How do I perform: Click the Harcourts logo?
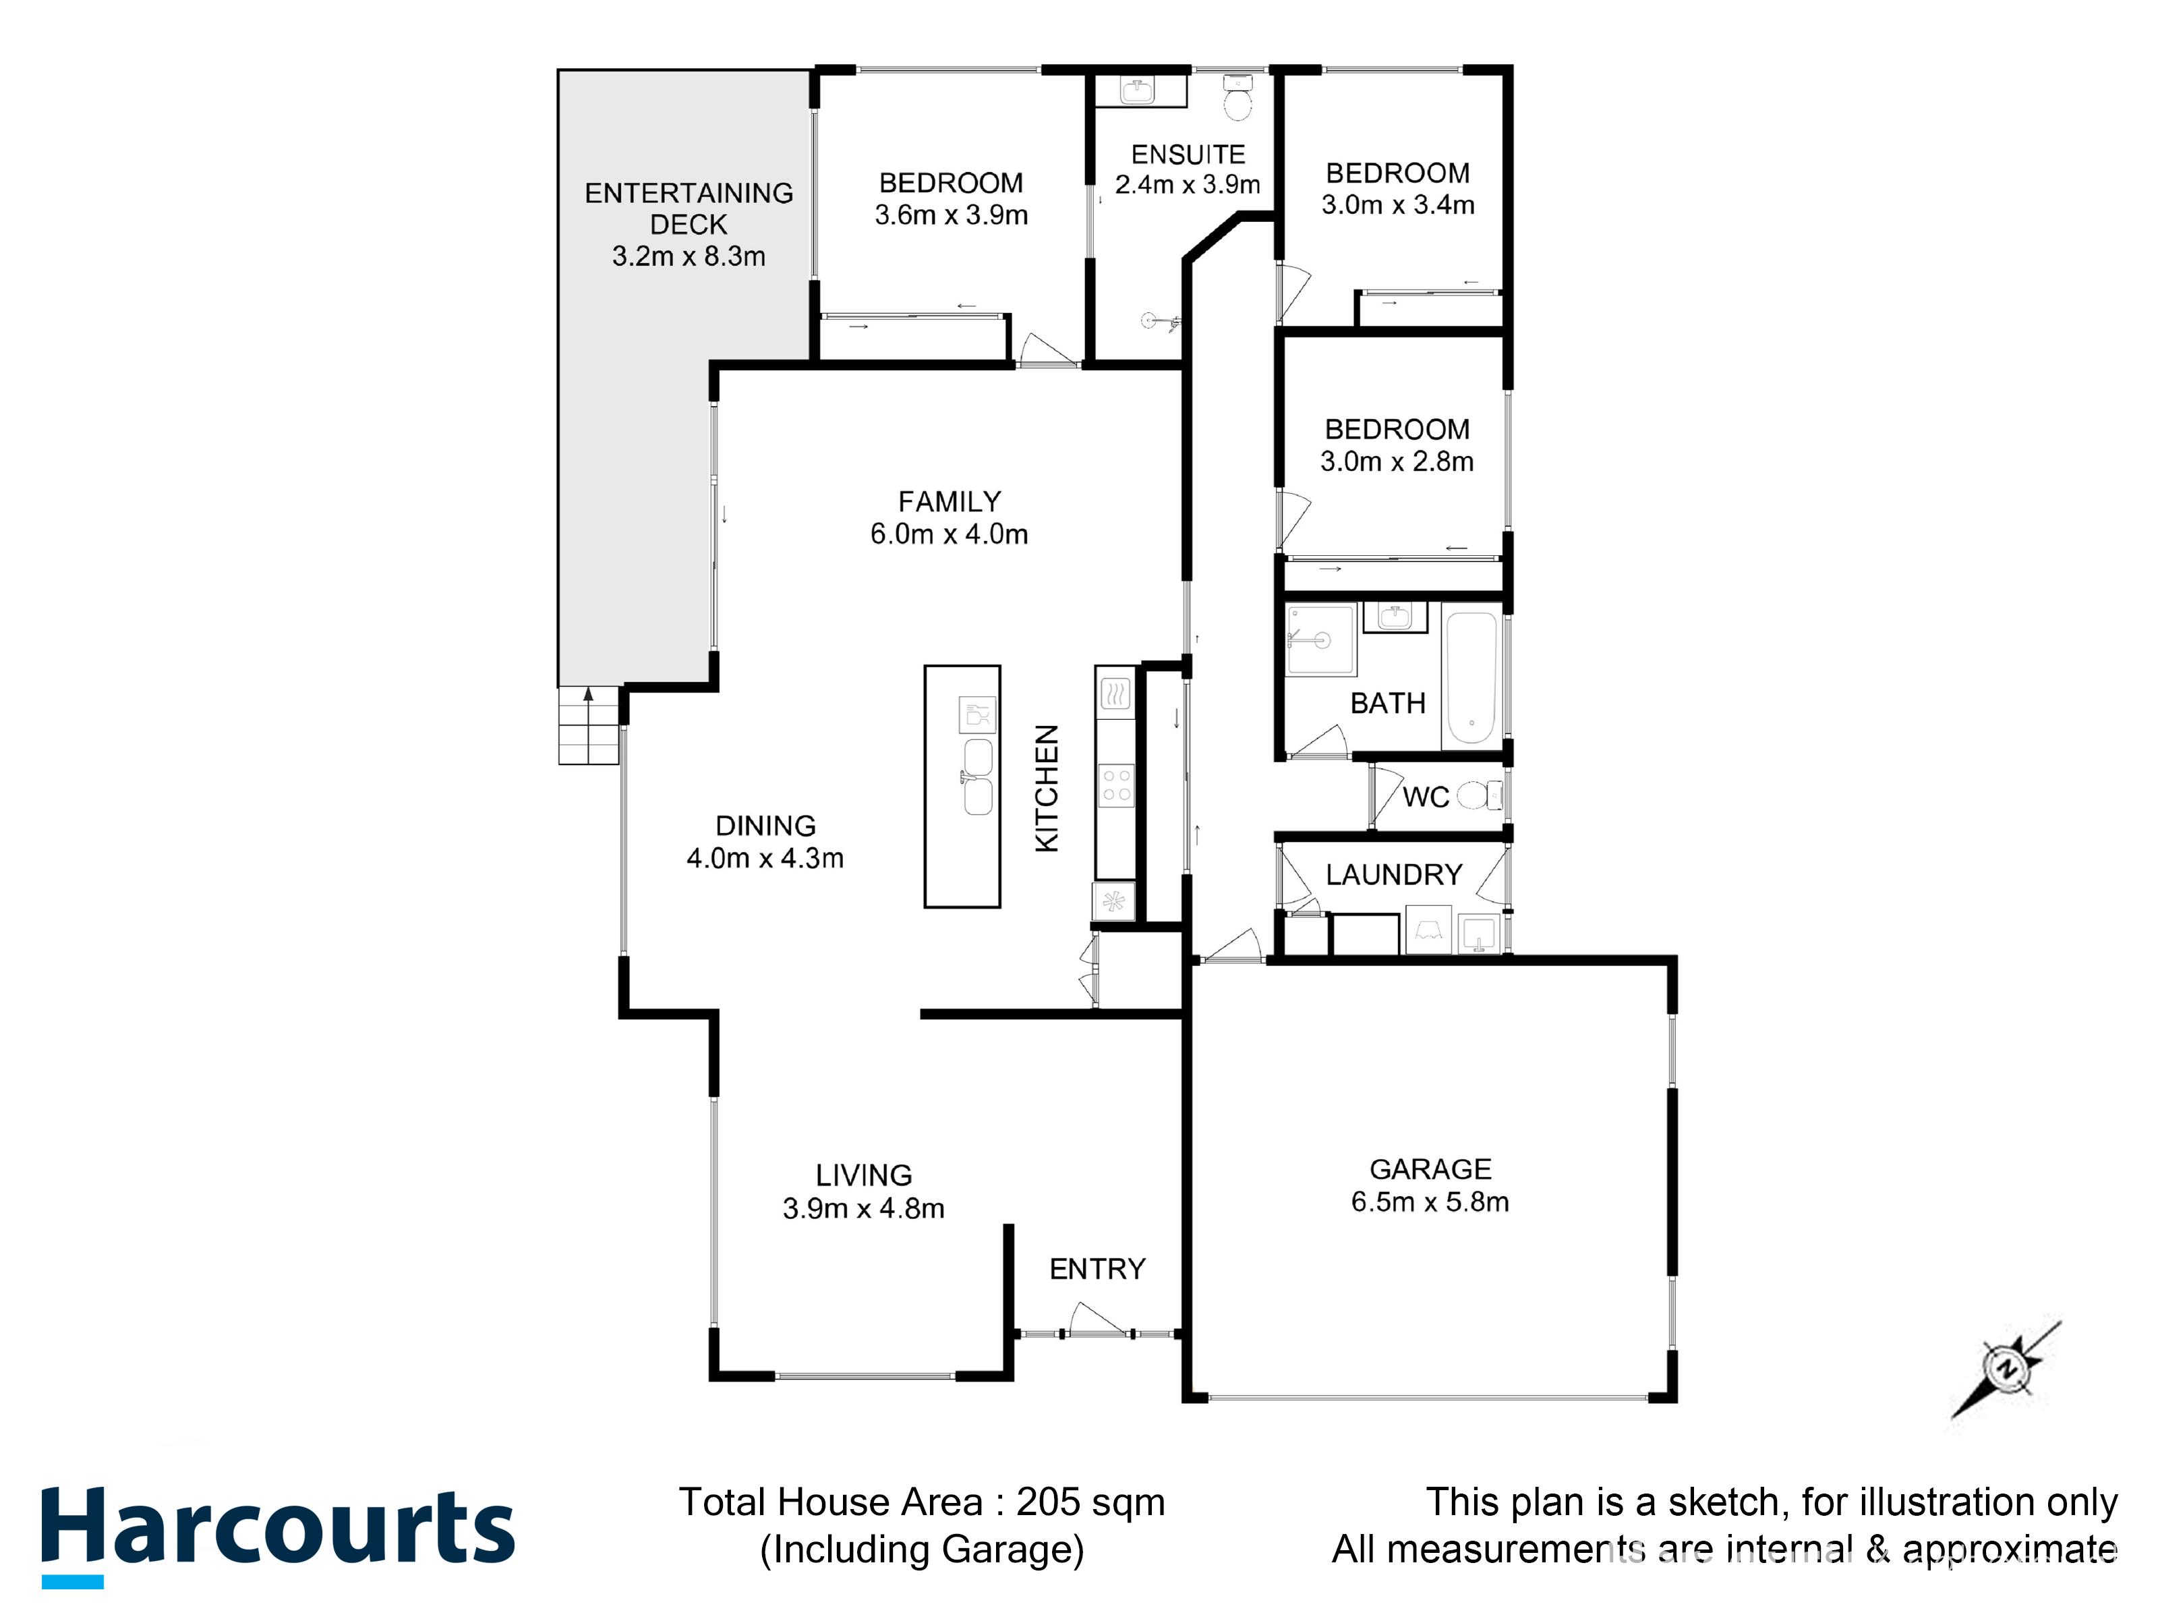click(278, 1530)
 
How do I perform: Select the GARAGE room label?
click(1430, 1169)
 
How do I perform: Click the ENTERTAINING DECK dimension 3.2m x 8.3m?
click(688, 256)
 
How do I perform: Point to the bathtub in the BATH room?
click(1470, 677)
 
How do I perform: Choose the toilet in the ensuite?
click(1237, 98)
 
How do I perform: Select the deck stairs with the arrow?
click(588, 725)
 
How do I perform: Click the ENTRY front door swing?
click(1097, 1320)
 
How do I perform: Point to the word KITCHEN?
click(1047, 789)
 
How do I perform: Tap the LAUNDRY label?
click(1393, 874)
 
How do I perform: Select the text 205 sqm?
click(1090, 1502)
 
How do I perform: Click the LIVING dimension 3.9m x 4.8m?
click(863, 1208)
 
